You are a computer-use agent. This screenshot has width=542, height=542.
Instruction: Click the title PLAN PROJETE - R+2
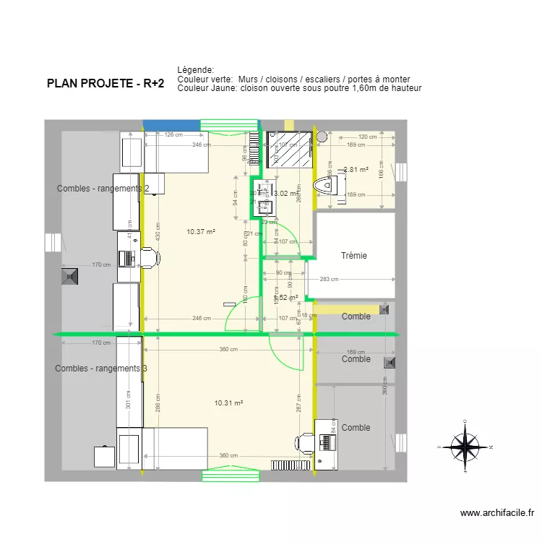(106, 84)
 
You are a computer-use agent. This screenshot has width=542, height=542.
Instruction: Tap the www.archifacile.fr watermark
(497, 513)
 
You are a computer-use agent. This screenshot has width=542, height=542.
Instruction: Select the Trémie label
(354, 255)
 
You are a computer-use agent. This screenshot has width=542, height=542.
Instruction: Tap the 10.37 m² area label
(201, 232)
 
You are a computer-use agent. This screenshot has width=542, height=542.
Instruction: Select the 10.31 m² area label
(228, 403)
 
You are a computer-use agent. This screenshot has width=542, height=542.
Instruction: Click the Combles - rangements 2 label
(103, 189)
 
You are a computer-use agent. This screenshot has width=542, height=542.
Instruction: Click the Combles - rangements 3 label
(101, 369)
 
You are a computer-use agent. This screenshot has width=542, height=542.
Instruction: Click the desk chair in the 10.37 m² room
(150, 257)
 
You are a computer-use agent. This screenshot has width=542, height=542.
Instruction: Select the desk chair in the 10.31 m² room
(306, 442)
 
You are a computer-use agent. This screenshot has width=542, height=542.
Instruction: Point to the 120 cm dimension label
(368, 137)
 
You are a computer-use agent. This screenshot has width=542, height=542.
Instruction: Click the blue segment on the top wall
(171, 124)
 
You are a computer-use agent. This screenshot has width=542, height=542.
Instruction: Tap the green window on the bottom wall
(231, 475)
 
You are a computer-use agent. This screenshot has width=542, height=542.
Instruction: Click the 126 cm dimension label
(173, 135)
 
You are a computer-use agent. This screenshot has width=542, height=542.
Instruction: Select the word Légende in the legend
(196, 69)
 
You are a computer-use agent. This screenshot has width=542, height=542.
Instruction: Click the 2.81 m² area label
(356, 171)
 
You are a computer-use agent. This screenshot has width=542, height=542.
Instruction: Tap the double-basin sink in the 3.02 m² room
(261, 199)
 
